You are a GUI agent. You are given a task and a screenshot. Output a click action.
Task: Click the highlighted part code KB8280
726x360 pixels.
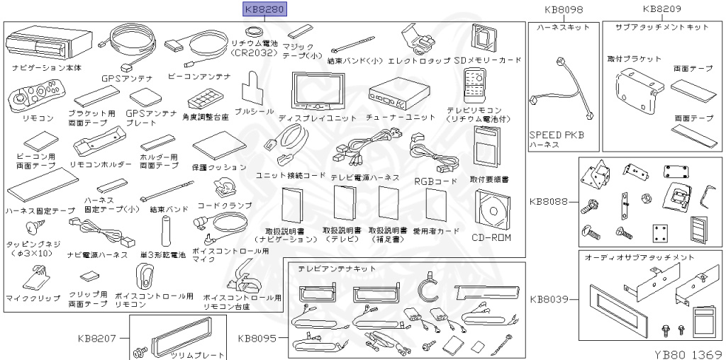point(264,10)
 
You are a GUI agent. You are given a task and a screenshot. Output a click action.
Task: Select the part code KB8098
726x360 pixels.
point(564,10)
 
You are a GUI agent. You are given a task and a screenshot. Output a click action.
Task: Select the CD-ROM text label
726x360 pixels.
point(491,237)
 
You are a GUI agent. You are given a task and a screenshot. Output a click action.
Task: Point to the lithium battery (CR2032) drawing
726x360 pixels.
point(254,32)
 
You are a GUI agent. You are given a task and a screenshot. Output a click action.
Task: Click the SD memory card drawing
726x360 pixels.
point(485,38)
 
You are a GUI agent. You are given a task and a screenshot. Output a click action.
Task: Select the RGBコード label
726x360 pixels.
point(435,181)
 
